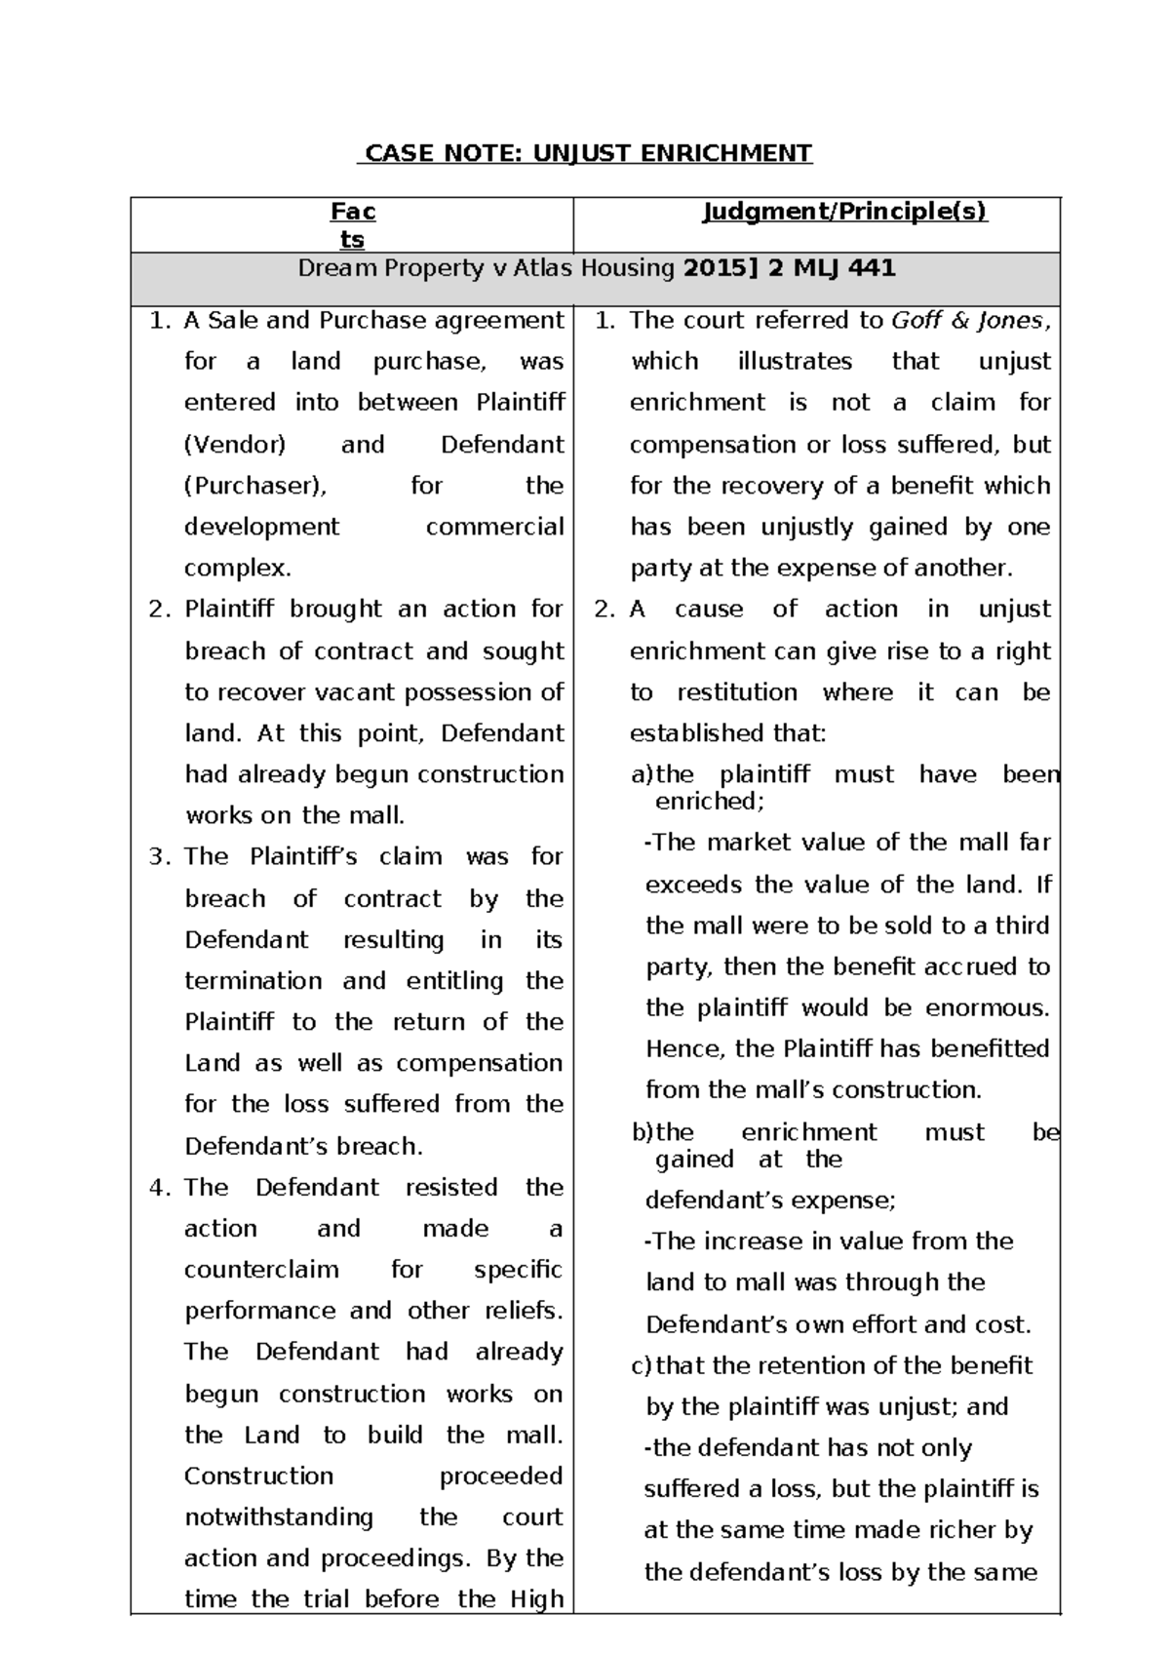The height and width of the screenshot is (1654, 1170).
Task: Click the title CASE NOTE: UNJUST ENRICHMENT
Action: tap(585, 153)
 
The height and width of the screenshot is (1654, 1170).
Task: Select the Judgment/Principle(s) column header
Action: tap(844, 212)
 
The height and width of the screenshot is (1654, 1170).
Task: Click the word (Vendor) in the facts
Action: tap(235, 445)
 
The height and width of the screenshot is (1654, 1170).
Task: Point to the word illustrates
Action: tap(795, 362)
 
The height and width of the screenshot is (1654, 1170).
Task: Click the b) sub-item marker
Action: tap(642, 1132)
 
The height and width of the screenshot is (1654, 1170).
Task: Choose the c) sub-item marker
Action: tap(642, 1366)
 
